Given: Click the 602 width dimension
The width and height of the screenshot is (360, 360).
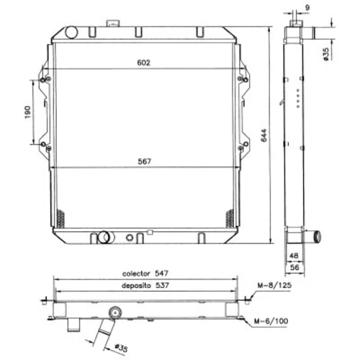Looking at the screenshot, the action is [x=144, y=63].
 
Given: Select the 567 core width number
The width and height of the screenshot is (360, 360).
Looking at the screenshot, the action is [x=145, y=161].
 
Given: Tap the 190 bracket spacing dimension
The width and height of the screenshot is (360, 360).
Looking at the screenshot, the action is [x=28, y=112].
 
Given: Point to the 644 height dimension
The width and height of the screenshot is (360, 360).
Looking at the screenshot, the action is [x=264, y=135].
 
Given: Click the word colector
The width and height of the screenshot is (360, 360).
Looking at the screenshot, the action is [x=136, y=274].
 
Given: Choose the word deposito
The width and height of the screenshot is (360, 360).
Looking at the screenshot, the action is [x=136, y=286].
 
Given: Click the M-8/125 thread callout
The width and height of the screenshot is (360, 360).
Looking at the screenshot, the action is [x=274, y=285].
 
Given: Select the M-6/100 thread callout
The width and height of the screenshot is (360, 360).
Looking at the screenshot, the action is [x=271, y=321].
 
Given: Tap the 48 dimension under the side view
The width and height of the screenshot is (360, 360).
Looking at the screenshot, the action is [x=294, y=256].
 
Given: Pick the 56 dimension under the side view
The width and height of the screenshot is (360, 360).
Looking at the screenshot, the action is [x=294, y=267].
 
